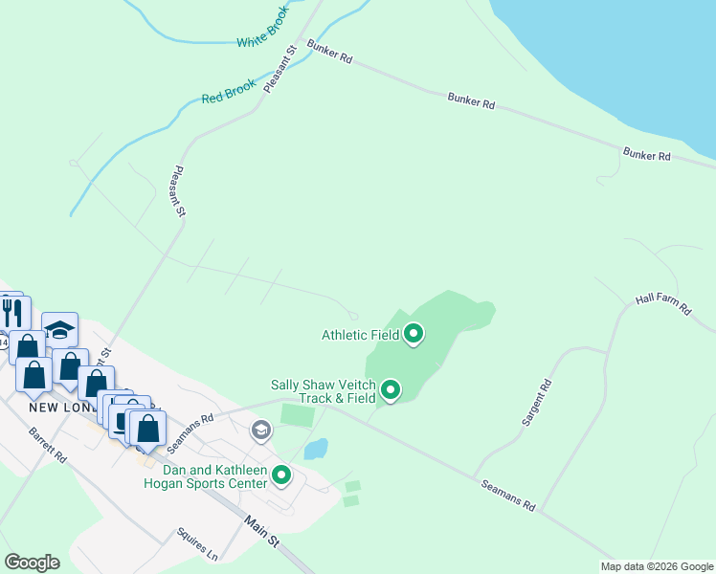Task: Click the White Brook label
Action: click(262, 36)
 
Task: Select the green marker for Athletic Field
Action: click(414, 334)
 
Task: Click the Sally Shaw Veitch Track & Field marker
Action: click(391, 389)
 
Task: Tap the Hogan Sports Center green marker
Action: click(281, 475)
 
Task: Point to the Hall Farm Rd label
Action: click(661, 299)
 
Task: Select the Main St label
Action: click(260, 533)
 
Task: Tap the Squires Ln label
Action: click(198, 543)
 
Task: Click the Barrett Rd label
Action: click(47, 444)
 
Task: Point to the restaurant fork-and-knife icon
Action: click(12, 311)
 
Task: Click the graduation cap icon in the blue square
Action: click(59, 330)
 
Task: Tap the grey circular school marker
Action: click(260, 431)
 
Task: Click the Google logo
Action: click(33, 563)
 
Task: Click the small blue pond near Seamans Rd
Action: click(316, 449)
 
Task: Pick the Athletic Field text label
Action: click(360, 335)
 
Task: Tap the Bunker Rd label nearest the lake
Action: click(646, 154)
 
